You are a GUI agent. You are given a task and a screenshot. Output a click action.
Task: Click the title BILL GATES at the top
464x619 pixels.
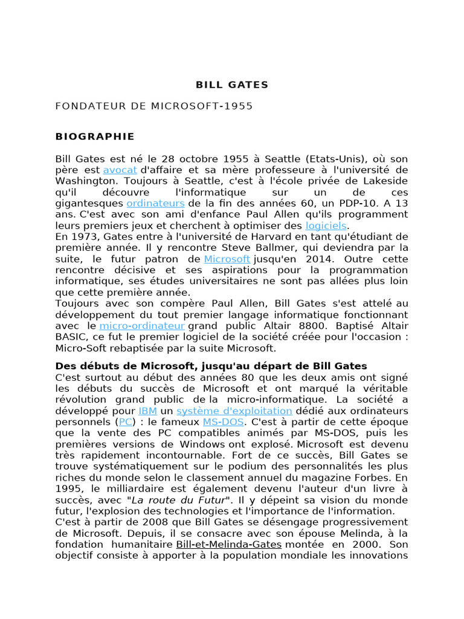pos(232,85)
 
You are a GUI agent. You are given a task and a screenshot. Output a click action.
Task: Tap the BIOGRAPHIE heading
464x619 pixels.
pos(95,137)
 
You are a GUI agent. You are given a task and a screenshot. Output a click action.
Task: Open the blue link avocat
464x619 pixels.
pos(120,170)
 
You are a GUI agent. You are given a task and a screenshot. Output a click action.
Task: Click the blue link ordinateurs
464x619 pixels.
pos(155,203)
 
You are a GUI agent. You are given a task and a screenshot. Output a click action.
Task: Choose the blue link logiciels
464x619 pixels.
pos(326,225)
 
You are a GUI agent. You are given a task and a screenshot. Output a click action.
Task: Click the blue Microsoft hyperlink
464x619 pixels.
pos(227,259)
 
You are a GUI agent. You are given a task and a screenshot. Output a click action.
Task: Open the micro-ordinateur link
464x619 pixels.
pos(142,326)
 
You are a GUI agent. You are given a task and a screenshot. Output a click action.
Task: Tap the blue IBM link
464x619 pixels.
pos(148,411)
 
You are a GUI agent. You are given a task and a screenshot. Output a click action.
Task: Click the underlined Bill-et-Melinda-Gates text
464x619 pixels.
pos(229,544)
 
